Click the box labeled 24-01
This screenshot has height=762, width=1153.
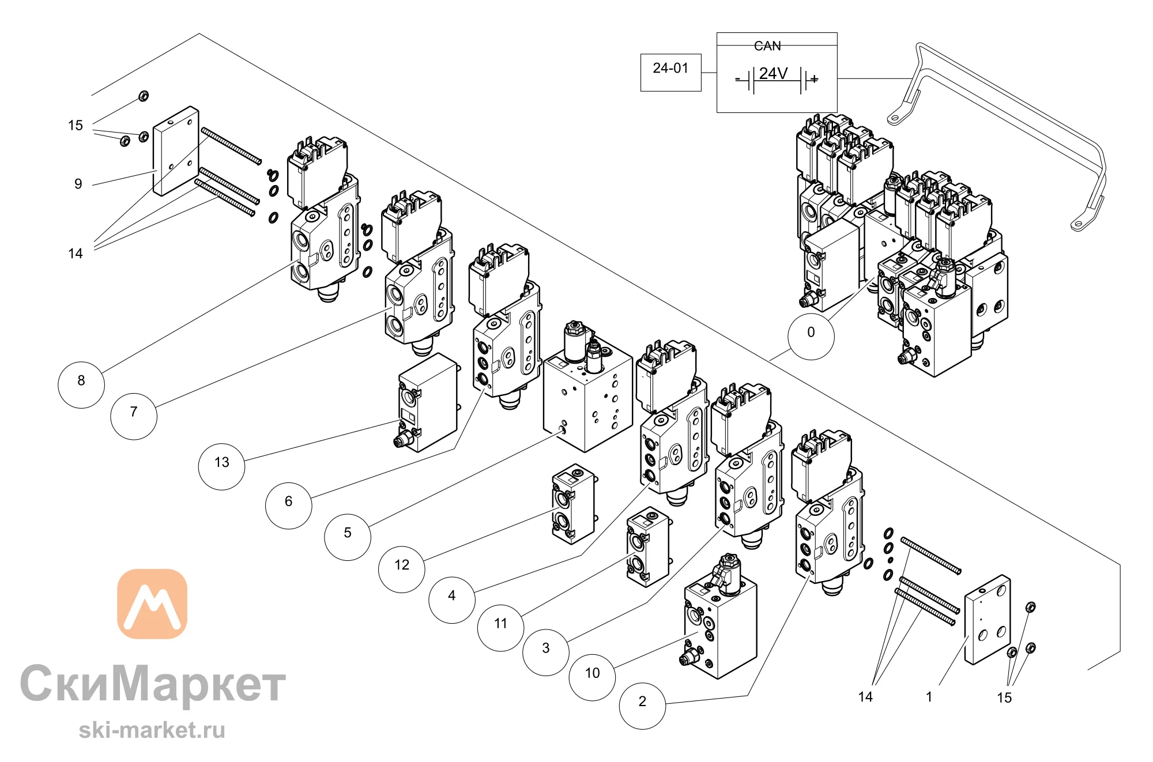[x=671, y=73]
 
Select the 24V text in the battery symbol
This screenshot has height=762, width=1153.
[x=773, y=73]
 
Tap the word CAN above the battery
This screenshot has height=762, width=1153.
[x=767, y=46]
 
